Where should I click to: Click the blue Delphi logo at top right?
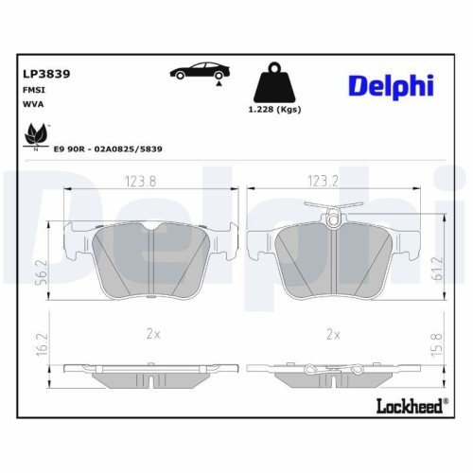(390, 85)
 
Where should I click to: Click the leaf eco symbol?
(36, 134)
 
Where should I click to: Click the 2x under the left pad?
(153, 334)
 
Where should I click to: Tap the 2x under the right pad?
(332, 334)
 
